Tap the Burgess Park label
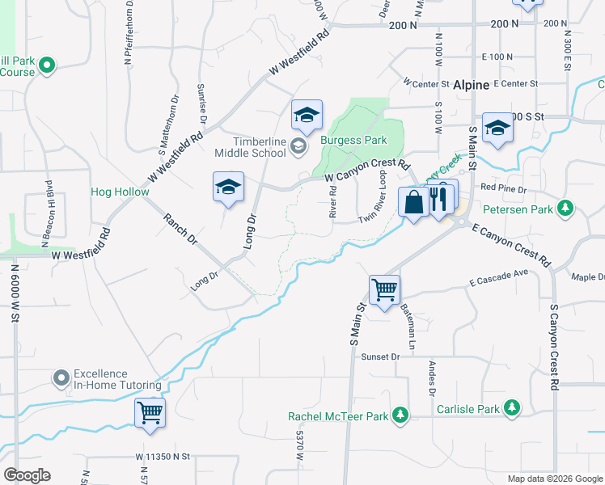coord(353,140)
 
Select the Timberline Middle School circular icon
coord(298,145)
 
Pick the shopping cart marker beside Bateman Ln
coord(384,289)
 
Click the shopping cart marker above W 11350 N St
coord(150,412)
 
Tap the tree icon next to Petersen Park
coord(566,210)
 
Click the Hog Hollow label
coord(120,192)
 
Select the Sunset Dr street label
coord(380,356)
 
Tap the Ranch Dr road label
coord(180,229)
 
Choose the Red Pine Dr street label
coord(503,188)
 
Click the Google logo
coord(27,475)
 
